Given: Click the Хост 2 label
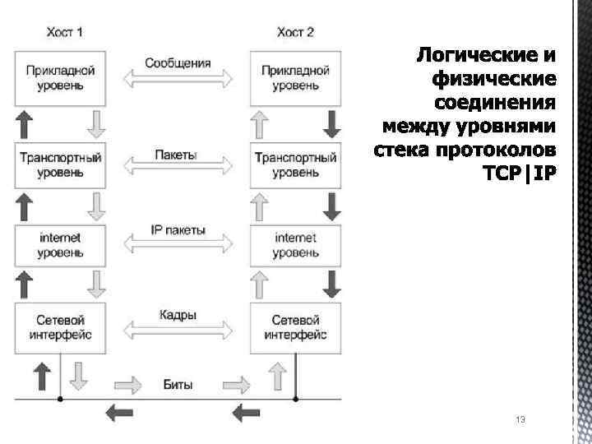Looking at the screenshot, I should tap(295, 34).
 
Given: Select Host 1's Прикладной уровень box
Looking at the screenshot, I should tap(60, 78).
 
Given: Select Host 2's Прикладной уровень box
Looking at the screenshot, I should tap(295, 78).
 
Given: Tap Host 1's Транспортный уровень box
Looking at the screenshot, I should tap(60, 165).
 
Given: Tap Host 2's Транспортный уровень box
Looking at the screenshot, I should tap(295, 165).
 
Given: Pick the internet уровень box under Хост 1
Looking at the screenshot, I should tap(60, 245).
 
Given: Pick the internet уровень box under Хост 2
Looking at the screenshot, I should tap(295, 245).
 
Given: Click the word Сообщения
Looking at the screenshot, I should tap(178, 63).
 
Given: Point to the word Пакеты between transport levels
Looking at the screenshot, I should tap(175, 155).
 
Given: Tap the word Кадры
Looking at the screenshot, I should tap(178, 315).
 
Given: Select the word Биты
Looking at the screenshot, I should tap(178, 384).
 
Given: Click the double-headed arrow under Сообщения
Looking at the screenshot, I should tap(178, 80).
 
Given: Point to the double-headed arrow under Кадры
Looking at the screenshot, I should tap(178, 331).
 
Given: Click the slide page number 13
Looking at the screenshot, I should tap(520, 420).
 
